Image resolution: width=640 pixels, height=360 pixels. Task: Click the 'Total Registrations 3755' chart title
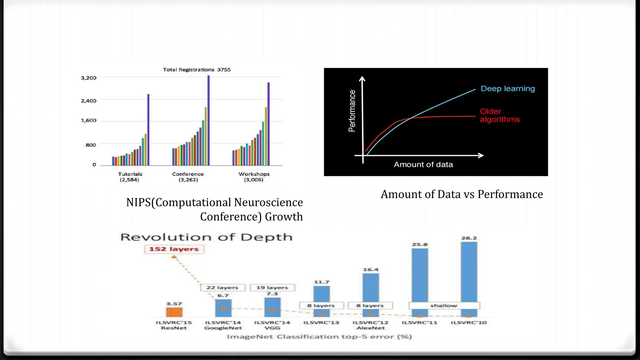(197, 70)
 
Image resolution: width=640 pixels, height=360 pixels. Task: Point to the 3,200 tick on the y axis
(89, 78)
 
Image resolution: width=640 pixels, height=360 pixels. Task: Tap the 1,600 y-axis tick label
(89, 120)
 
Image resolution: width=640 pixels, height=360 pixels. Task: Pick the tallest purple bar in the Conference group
(208, 120)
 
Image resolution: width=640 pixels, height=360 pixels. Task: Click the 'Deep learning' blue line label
(507, 89)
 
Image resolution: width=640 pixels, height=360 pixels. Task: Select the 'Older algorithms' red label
(499, 115)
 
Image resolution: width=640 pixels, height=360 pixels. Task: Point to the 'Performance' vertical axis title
(352, 111)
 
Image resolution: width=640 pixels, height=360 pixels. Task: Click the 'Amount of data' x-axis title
(423, 165)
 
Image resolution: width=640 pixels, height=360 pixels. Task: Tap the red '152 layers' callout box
(174, 249)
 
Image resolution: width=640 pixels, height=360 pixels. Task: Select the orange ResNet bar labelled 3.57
(174, 312)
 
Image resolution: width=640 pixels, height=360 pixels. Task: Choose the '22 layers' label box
(222, 287)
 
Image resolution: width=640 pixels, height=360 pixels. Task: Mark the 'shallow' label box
(444, 305)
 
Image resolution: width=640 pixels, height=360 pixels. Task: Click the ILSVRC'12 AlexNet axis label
(371, 325)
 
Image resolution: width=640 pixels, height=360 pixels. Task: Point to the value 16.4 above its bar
(371, 270)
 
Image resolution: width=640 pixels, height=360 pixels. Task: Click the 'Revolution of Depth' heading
(207, 237)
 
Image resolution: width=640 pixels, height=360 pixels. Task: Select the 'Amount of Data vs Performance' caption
(462, 194)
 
